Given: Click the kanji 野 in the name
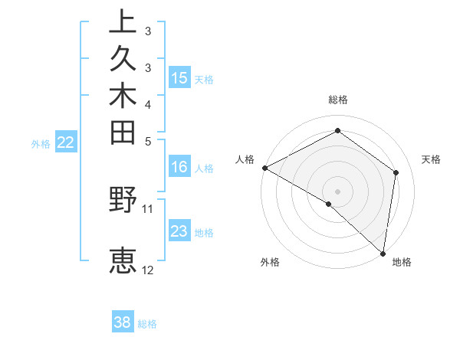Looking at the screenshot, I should pos(123,201).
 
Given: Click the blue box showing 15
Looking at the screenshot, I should pos(179,77).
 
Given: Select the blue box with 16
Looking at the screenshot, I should pos(179,168).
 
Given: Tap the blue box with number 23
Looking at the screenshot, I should pos(179,231).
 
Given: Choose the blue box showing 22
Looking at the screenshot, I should pos(67,142).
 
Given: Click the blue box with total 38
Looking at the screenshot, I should pos(123,322).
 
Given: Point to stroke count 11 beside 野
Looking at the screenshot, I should pos(148,208).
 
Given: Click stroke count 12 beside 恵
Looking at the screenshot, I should pos(148,270).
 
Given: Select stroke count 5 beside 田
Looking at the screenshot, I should pos(148,140).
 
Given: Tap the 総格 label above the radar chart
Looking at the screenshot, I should pos(338,100).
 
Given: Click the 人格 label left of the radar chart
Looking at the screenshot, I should pos(245,159).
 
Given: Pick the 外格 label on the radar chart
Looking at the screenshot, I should pos(270,262).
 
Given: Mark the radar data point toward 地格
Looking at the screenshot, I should pos(383,253).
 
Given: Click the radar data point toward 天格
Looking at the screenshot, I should pos(396,172).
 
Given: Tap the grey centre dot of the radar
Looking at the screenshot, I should pos(338,191).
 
